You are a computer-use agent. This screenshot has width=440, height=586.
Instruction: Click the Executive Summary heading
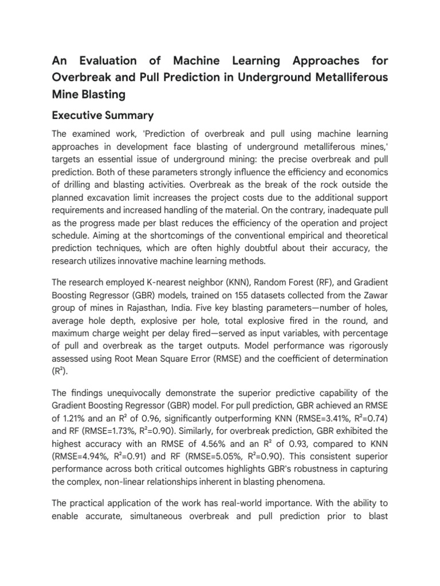tap(103, 116)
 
